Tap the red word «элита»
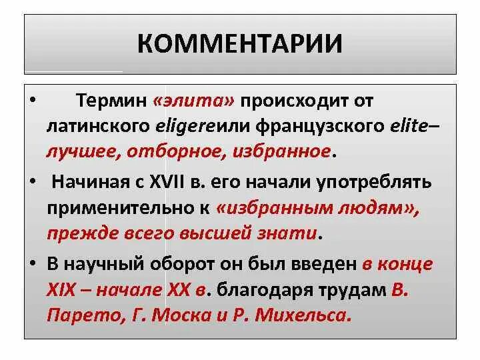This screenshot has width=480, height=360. (x=193, y=101)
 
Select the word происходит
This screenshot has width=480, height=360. (x=299, y=101)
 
